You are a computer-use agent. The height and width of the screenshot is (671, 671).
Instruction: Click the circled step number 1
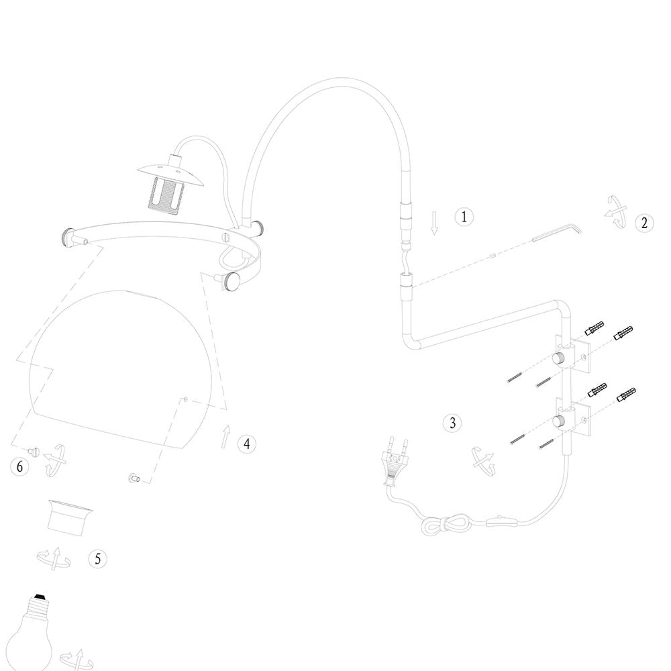(464, 217)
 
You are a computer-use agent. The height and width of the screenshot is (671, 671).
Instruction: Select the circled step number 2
(644, 223)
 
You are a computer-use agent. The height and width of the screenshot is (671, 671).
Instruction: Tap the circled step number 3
(453, 423)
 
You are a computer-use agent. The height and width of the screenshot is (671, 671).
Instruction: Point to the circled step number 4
(247, 444)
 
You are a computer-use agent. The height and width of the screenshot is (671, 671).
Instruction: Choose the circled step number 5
(97, 559)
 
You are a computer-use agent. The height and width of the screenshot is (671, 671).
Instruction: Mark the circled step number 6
(19, 466)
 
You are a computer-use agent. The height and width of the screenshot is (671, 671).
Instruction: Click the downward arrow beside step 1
(434, 223)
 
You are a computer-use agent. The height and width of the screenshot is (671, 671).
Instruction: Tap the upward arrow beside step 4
(225, 437)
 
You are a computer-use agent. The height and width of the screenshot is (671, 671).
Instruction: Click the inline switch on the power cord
(503, 521)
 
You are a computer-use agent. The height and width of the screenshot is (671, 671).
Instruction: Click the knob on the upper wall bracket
(558, 358)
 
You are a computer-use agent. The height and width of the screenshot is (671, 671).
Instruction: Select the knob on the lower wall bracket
(558, 421)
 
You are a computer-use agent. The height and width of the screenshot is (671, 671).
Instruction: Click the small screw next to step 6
(33, 451)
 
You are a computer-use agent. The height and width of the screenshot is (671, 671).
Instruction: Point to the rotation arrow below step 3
(482, 462)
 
